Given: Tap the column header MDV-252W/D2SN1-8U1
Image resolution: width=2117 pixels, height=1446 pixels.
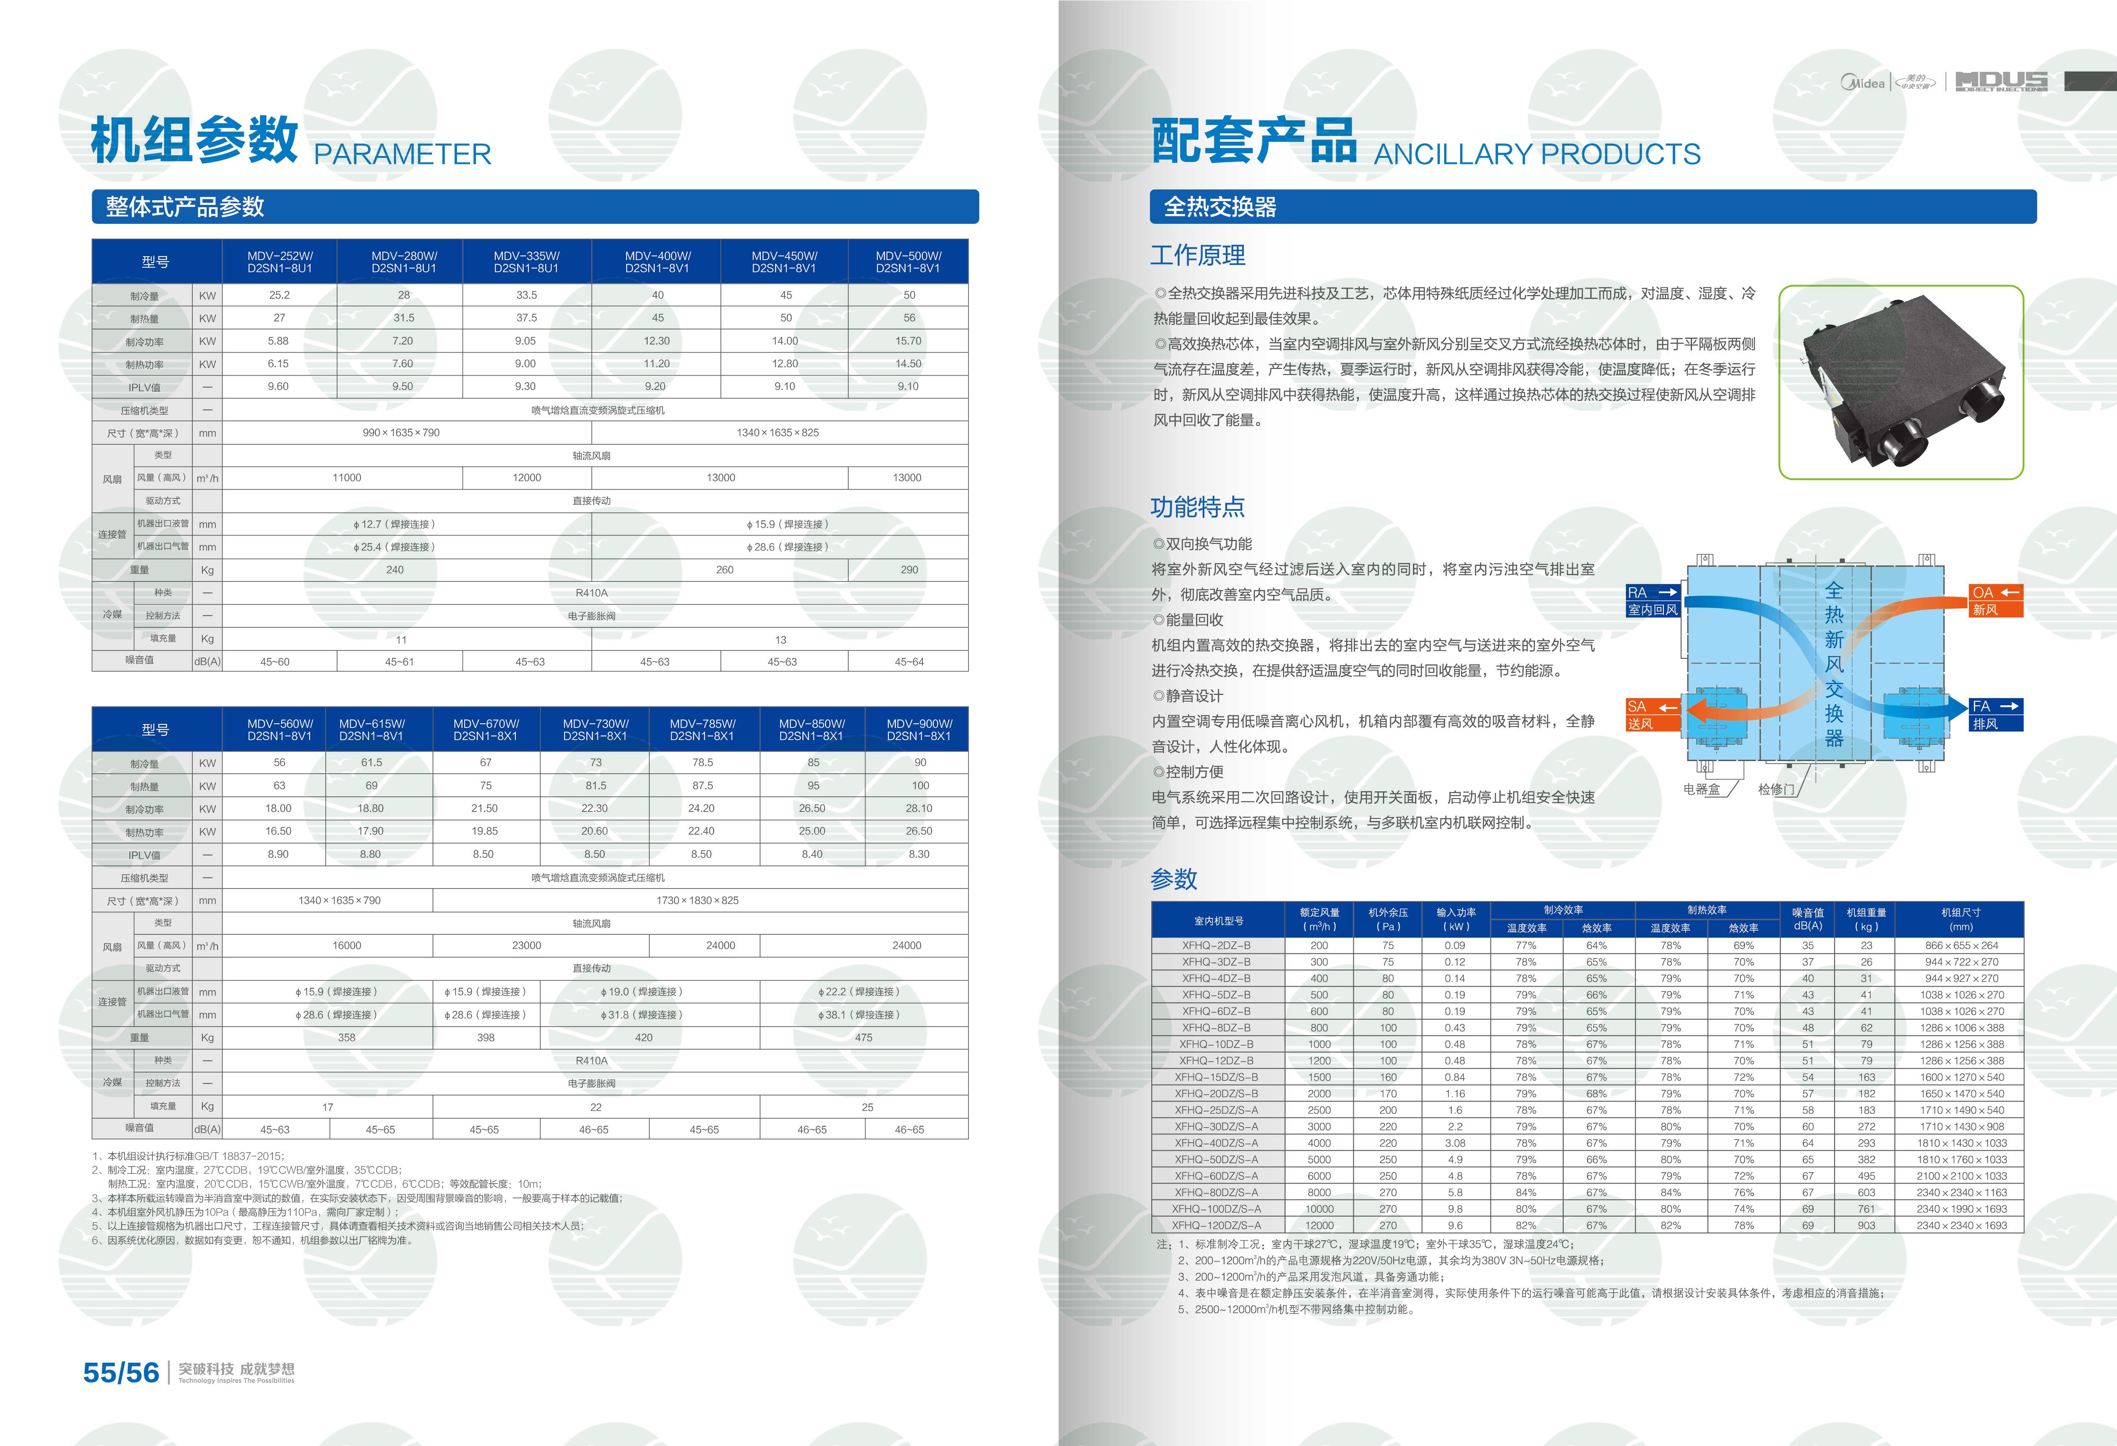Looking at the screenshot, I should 280,262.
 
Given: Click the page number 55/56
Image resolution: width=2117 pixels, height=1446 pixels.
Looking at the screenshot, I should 121,1372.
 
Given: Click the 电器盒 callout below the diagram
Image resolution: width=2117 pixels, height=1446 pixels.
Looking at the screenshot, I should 1702,789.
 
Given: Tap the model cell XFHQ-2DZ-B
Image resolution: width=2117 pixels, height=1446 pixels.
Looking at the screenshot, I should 1216,945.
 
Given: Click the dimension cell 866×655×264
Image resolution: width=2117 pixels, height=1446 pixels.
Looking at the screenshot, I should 1961,945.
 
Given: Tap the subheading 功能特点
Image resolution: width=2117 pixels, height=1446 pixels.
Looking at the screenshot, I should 1197,507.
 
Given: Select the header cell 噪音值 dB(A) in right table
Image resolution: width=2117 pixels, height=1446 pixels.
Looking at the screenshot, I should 1807,919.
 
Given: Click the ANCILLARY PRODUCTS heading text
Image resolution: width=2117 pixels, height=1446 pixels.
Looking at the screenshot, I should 1537,154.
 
